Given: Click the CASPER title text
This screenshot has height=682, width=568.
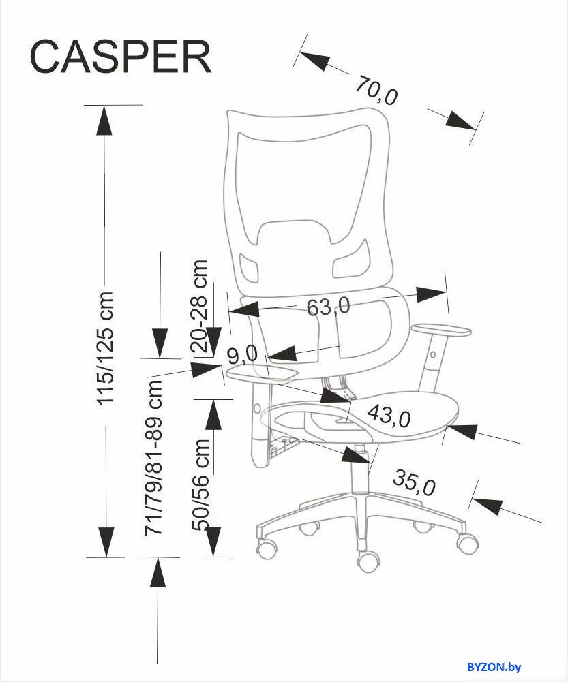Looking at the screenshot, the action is pos(121,57).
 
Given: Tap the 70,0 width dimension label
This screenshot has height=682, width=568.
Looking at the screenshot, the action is pos(376,91).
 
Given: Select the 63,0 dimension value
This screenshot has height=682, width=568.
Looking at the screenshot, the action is pos(328,307).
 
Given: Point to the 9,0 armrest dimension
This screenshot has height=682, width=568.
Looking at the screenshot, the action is pos(243,356).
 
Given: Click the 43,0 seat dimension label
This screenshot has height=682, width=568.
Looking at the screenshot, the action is pos(389,416).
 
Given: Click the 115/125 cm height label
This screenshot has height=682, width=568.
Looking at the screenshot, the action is pos(105,349).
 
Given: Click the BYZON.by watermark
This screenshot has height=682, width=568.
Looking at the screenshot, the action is pos(494,667).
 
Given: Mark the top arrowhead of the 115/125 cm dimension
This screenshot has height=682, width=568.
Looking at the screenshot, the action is pos(104,120).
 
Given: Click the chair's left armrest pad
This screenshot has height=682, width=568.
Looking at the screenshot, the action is pos(263,373).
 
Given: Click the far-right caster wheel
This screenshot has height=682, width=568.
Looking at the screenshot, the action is pos(466,542).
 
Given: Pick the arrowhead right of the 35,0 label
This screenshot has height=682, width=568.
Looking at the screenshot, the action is pos(488,505).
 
